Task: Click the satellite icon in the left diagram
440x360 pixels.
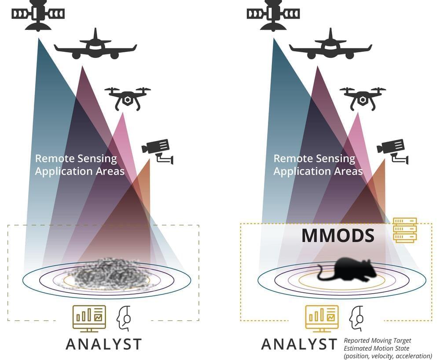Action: pos(38,14)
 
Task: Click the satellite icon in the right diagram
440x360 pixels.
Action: pos(273,14)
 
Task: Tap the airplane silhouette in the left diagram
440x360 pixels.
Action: pos(95,45)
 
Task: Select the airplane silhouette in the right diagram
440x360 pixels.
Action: pos(330,45)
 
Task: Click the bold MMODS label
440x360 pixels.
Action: pos(338,236)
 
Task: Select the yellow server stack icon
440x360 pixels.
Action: pos(404,230)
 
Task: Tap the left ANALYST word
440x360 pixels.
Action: pos(104,344)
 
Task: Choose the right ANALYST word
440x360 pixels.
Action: pos(299,344)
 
